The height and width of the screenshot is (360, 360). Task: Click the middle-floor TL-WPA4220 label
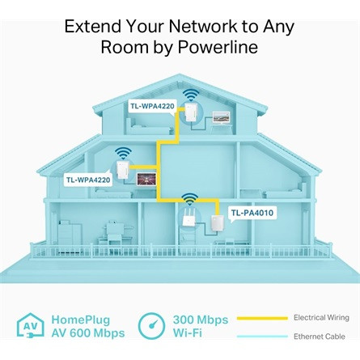(x=88, y=180)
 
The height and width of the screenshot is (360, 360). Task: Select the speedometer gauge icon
(x=152, y=327)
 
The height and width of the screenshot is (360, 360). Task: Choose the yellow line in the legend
(x=261, y=318)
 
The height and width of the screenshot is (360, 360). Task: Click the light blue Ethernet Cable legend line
(x=261, y=336)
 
